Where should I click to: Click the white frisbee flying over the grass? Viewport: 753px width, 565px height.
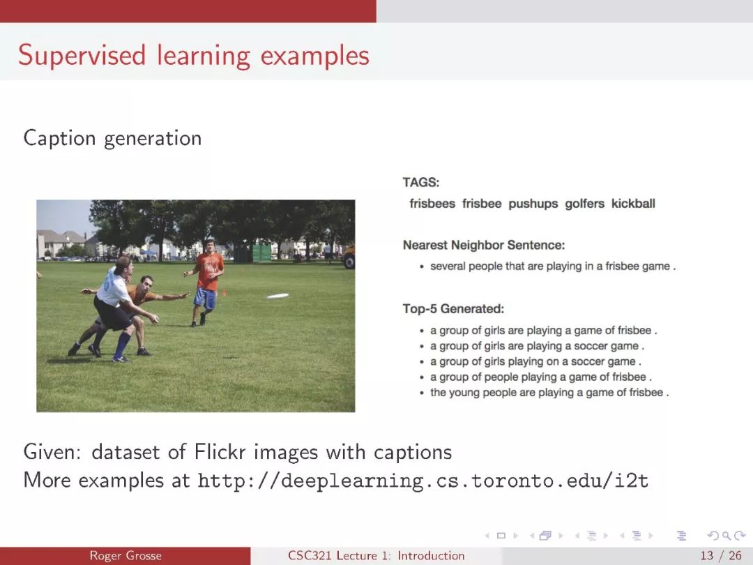point(277,296)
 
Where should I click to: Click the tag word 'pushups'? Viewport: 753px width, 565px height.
point(533,204)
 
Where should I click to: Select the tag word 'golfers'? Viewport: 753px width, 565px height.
point(584,204)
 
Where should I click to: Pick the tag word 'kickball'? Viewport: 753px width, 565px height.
point(633,203)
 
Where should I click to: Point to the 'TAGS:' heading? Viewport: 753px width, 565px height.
point(421,183)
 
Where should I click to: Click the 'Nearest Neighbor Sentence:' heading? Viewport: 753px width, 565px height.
point(484,245)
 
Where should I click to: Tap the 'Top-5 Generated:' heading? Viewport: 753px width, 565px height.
point(453,308)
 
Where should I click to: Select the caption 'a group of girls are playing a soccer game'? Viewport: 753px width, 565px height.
point(537,346)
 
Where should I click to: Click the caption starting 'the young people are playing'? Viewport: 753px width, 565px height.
point(549,393)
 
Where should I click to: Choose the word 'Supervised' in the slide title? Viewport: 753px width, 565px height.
point(82,55)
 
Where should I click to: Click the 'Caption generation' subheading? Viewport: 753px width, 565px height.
point(112,138)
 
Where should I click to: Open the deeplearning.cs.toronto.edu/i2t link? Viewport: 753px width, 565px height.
point(423,480)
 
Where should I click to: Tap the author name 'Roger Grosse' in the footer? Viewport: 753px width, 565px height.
point(125,555)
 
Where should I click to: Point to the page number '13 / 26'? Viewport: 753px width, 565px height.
point(721,555)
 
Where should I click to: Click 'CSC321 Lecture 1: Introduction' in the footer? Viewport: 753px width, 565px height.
point(376,555)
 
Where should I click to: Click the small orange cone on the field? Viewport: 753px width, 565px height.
point(223,292)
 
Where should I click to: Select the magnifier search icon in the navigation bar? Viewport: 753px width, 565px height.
point(726,535)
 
